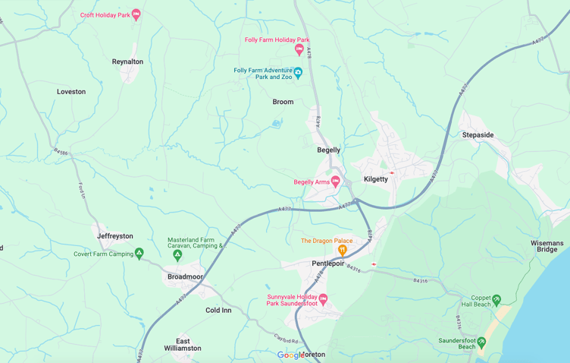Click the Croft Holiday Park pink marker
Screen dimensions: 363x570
136,14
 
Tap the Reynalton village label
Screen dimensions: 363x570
127,62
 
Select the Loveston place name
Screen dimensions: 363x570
71,92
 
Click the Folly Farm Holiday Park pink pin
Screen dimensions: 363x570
299,50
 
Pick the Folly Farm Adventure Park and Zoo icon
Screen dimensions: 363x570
298,73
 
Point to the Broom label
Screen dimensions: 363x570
283,102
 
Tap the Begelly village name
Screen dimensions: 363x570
328,150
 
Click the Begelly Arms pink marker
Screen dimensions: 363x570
336,181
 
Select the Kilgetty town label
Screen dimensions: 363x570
375,179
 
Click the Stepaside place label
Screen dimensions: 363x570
478,135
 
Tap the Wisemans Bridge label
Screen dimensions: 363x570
547,246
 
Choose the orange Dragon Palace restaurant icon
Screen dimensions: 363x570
342,250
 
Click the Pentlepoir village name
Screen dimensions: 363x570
328,264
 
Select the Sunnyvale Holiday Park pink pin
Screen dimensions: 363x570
323,299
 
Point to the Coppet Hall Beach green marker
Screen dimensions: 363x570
496,300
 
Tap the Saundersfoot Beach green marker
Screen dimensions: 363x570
481,342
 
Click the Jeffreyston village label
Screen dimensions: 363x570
115,236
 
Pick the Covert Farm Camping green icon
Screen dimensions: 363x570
139,254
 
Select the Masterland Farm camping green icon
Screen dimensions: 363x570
177,256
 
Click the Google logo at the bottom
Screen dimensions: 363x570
291,355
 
